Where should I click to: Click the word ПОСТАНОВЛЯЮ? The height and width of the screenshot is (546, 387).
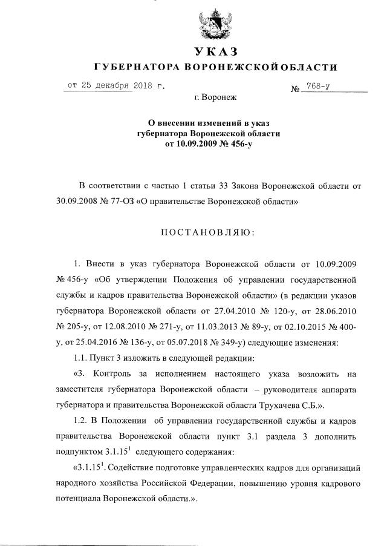pyautogui.click(x=207, y=232)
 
